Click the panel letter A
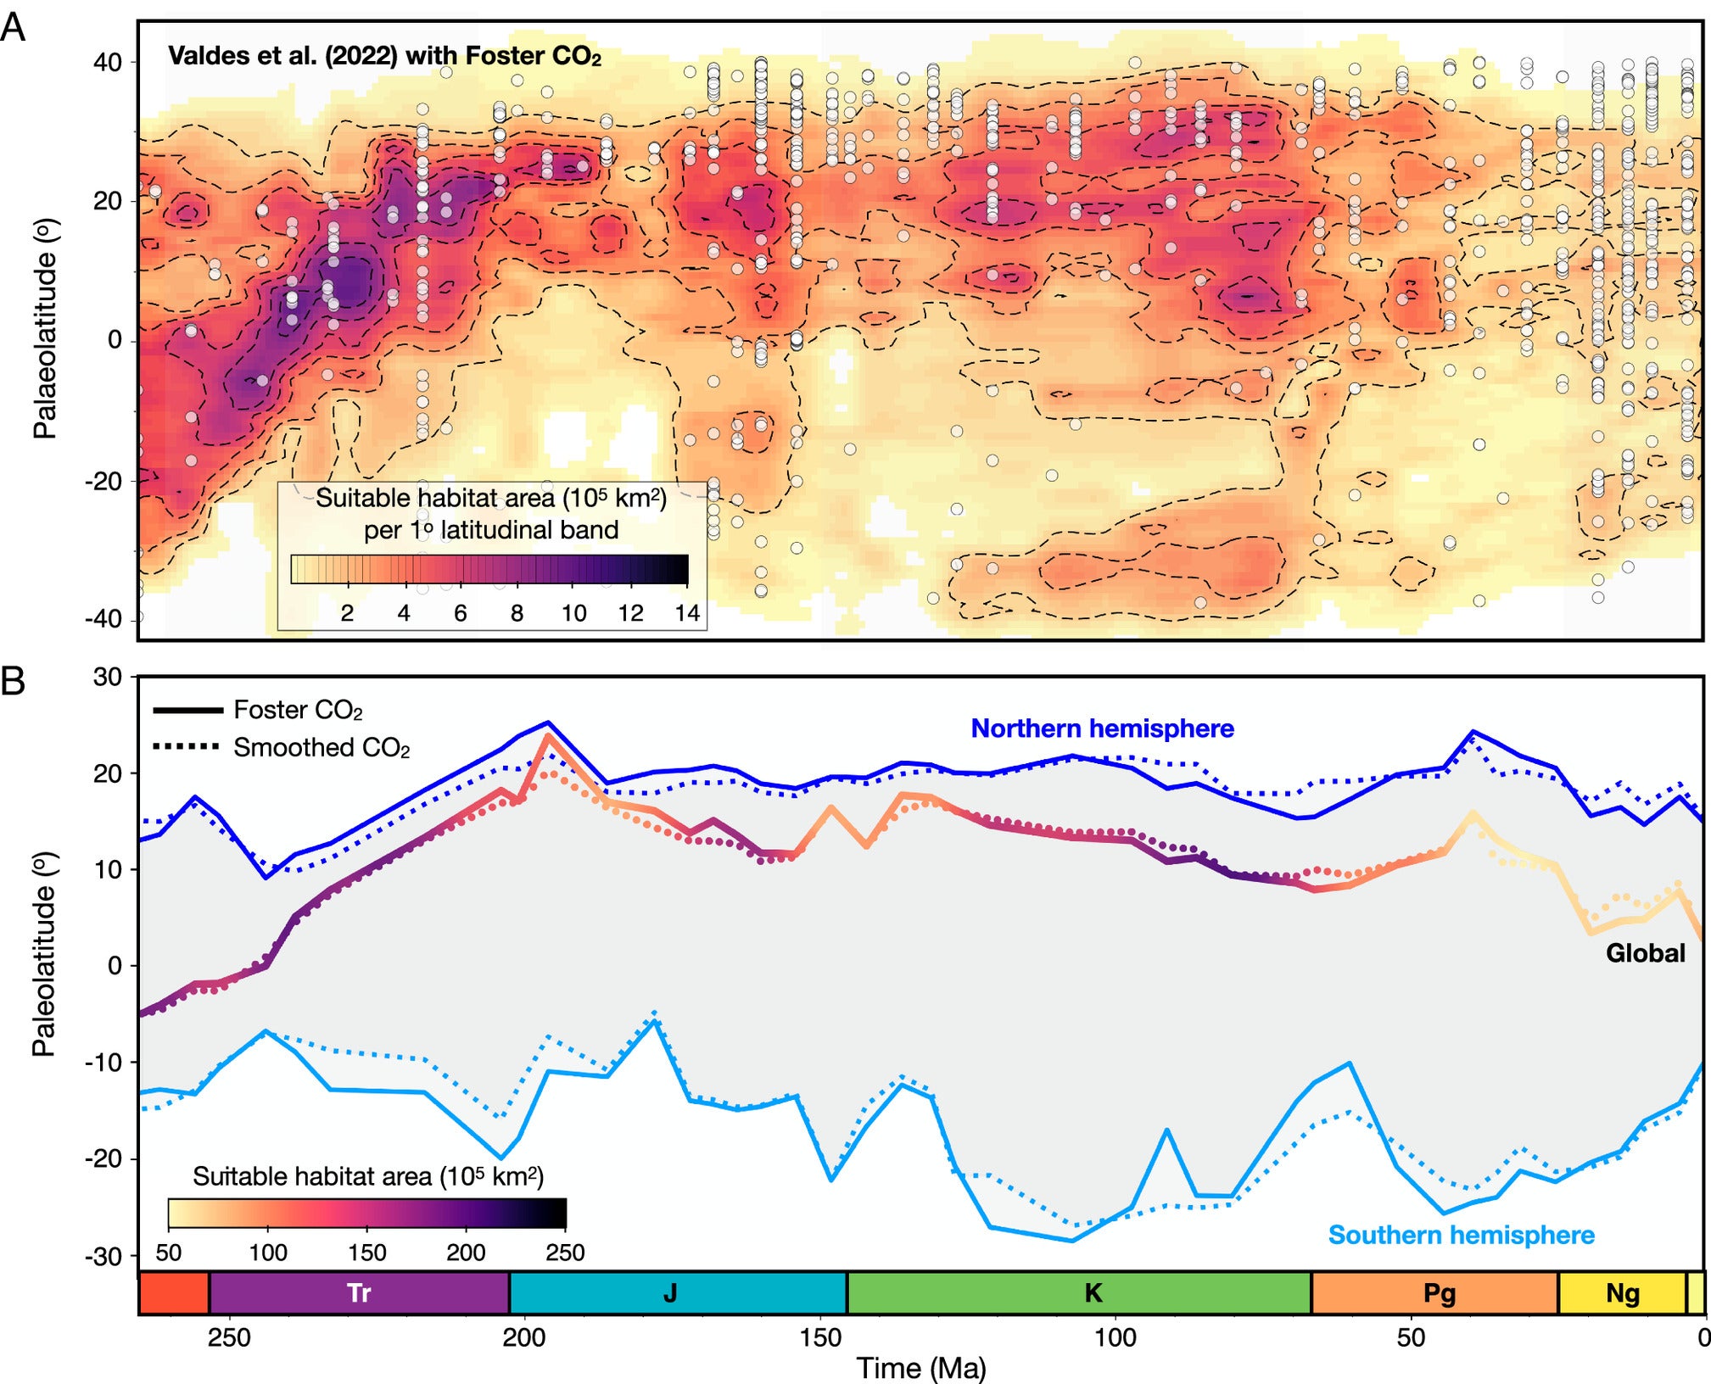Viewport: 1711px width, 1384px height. [13, 28]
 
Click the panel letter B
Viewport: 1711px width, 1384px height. [13, 681]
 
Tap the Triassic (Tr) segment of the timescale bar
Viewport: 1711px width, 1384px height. [359, 1292]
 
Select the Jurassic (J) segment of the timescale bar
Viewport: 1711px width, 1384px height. [670, 1292]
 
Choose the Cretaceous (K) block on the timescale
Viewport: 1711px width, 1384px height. [1093, 1292]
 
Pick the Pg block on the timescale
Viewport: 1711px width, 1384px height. [1440, 1292]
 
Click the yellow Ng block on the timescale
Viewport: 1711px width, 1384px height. [1622, 1292]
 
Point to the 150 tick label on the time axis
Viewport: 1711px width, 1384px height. [820, 1337]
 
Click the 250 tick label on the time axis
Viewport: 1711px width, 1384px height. [229, 1337]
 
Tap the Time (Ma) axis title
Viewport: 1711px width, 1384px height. [921, 1367]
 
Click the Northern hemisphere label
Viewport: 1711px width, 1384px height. [1102, 728]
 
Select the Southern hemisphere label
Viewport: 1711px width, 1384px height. [1461, 1235]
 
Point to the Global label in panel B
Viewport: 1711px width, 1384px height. [1645, 953]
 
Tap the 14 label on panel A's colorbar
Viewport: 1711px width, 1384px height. [686, 613]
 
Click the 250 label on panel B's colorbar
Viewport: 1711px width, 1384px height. [565, 1253]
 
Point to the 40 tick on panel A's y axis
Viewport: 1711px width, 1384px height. [107, 62]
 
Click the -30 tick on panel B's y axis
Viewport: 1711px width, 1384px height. [103, 1256]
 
